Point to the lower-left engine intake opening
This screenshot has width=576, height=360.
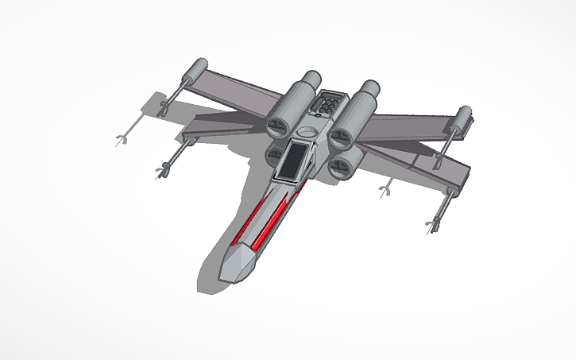[x=274, y=153]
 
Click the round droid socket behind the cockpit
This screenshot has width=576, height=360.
[x=311, y=129]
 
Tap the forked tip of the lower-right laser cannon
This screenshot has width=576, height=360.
[x=434, y=225]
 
